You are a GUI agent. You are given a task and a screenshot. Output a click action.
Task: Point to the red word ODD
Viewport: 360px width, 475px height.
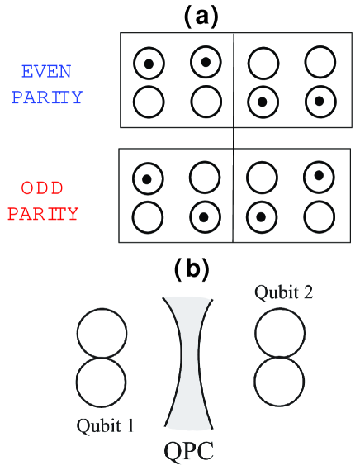click(x=42, y=187)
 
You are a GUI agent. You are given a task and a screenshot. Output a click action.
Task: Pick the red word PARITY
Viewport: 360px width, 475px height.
click(x=44, y=213)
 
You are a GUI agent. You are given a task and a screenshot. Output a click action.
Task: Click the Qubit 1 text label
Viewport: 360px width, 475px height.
click(x=105, y=426)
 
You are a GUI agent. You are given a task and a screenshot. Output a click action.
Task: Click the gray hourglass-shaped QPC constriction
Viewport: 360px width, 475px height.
click(x=189, y=363)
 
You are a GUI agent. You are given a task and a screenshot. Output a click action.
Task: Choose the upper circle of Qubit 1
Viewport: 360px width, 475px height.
click(x=102, y=335)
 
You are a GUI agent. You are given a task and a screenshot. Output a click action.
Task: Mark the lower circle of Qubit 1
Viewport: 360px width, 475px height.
click(x=102, y=386)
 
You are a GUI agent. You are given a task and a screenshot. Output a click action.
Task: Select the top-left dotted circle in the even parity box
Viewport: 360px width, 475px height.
click(x=149, y=63)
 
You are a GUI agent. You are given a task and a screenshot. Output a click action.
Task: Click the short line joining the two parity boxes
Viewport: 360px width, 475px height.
click(x=234, y=138)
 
